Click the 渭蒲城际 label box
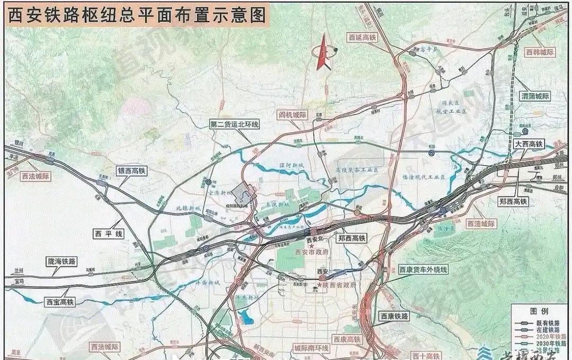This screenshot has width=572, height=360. pyautogui.click(x=535, y=96)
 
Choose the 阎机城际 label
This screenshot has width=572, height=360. pyautogui.click(x=292, y=114)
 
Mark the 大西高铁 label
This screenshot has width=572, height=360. pyautogui.click(x=529, y=143)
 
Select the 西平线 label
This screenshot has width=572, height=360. pyautogui.click(x=108, y=233)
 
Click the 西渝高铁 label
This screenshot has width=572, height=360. pyautogui.click(x=482, y=224)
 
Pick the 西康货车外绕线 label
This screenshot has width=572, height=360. pyautogui.click(x=424, y=269)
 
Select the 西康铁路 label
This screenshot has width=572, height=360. pyautogui.click(x=395, y=316)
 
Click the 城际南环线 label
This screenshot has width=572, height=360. pyautogui.click(x=311, y=348)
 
